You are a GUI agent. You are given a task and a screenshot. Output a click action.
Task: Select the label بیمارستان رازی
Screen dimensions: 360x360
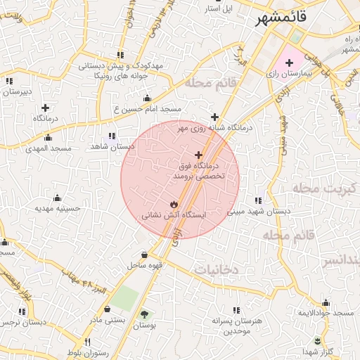(x=290, y=72)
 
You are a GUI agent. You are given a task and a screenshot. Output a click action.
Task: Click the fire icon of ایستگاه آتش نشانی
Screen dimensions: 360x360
(x=174, y=204)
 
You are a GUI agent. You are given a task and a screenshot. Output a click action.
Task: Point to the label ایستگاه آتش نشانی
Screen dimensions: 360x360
(x=174, y=215)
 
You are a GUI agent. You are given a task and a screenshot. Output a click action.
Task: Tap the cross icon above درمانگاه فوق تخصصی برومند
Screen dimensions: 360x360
(x=198, y=155)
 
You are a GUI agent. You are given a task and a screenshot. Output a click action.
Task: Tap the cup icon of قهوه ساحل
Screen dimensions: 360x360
(x=144, y=255)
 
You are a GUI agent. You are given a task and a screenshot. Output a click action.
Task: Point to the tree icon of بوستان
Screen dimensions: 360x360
(x=145, y=314)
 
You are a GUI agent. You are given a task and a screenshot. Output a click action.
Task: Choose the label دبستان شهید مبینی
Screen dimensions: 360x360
(x=255, y=211)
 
